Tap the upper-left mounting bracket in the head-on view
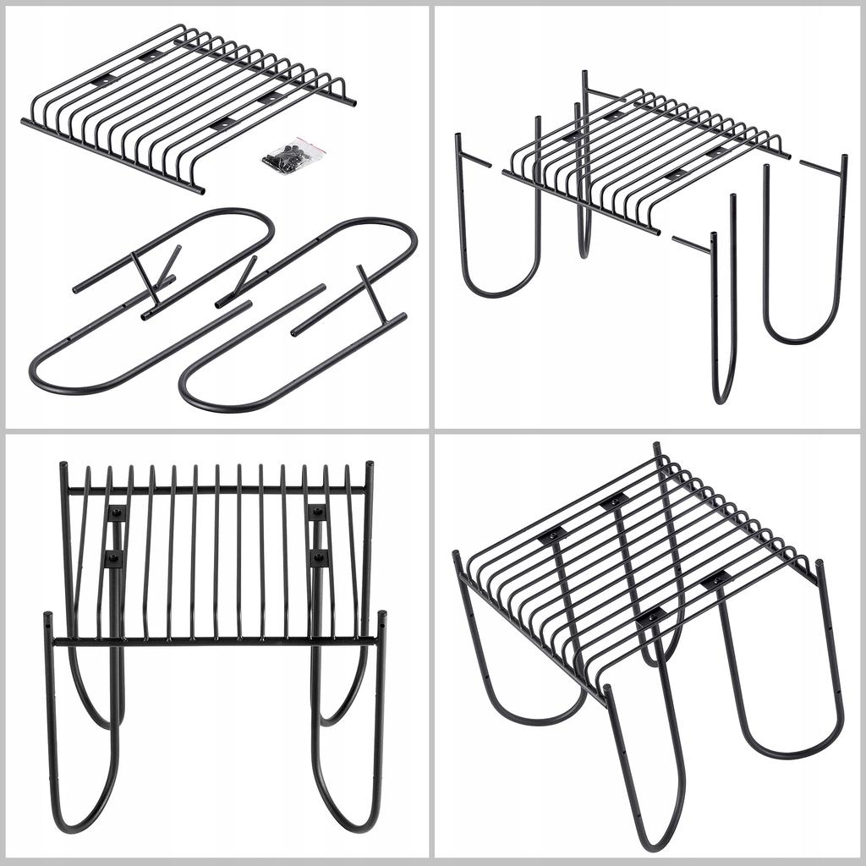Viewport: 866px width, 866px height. point(116,512)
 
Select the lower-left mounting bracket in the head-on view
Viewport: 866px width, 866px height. point(112,558)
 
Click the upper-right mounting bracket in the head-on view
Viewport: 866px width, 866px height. point(317,512)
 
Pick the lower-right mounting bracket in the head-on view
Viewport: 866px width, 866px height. point(319,557)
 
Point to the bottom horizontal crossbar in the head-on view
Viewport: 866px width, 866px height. point(211,641)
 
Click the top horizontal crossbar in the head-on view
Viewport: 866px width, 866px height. point(216,490)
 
